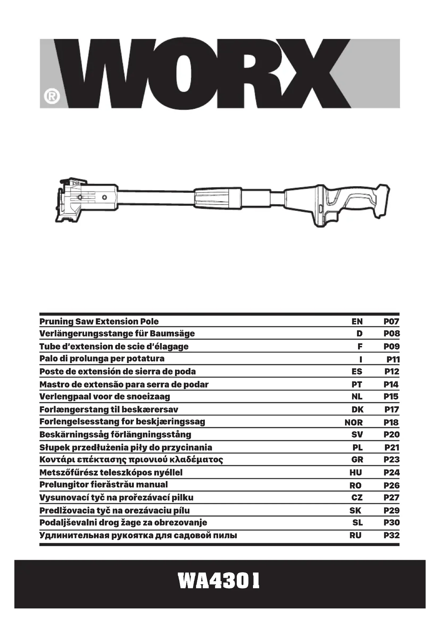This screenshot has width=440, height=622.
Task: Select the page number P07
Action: (x=391, y=322)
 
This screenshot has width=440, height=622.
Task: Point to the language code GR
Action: (x=357, y=460)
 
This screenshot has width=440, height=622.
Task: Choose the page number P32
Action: (x=392, y=535)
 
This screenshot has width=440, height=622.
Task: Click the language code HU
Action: (x=356, y=473)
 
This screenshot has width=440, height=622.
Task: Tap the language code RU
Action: (x=355, y=535)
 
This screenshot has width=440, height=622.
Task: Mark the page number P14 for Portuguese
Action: (x=391, y=385)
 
